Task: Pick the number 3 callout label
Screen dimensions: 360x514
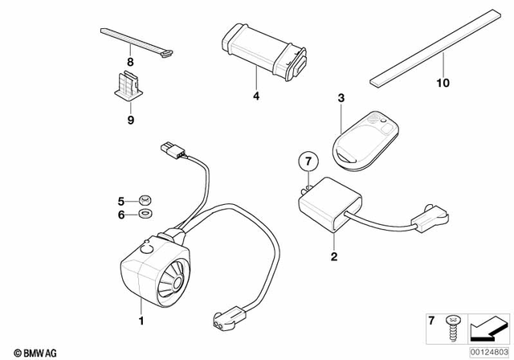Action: coord(341,98)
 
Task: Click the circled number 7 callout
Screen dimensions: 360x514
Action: coord(305,164)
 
